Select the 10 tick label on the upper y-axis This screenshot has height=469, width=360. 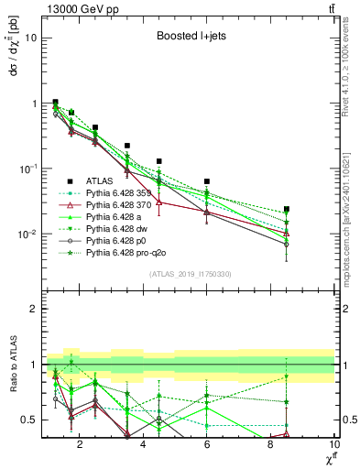[28, 38]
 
